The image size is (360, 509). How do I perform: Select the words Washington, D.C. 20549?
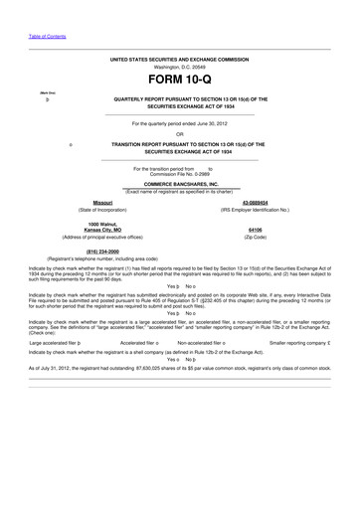point(179,67)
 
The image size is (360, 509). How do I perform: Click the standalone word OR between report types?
point(179,134)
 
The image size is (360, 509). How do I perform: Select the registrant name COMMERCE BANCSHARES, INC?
point(179,184)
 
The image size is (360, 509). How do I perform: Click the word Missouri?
point(102,203)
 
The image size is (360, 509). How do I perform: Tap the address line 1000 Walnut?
point(102,226)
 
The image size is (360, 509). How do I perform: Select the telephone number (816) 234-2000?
point(103,252)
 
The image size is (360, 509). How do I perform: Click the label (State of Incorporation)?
point(102,210)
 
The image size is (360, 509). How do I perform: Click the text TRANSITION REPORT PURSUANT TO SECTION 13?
point(179,145)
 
